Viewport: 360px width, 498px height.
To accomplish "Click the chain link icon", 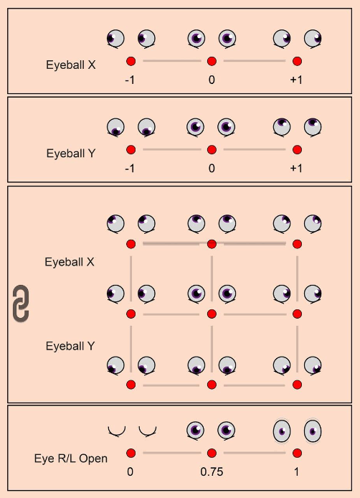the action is [x=21, y=304].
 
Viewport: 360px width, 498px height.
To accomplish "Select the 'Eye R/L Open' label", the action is [x=71, y=459].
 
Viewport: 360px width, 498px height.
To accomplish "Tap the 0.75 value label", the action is [x=212, y=471].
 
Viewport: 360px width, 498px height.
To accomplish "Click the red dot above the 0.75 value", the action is [x=212, y=454].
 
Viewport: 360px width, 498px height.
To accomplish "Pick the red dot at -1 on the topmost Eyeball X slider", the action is [x=131, y=61].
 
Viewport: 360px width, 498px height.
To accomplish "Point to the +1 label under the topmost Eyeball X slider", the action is [x=296, y=80].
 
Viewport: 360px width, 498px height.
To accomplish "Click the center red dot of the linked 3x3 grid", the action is [x=212, y=314].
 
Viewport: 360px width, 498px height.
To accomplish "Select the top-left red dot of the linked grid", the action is [x=131, y=244].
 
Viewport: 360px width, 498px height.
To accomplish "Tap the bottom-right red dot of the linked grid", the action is [x=297, y=385].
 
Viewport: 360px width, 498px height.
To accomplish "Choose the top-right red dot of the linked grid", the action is [x=297, y=244].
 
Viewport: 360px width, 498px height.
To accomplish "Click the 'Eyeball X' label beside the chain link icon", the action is [x=70, y=262].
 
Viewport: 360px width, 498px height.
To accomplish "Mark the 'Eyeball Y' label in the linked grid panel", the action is [x=70, y=346].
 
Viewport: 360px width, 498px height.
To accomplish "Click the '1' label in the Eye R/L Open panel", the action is [x=296, y=471].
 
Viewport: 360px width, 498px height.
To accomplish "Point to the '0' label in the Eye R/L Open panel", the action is [x=130, y=471].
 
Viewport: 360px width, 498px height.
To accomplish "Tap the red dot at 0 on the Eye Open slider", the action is [x=131, y=454].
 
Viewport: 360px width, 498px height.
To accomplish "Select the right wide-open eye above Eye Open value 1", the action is [x=313, y=431].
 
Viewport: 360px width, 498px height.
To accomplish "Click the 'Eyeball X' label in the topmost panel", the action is [x=71, y=65].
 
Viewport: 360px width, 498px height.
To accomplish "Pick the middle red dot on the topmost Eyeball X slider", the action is [x=212, y=61].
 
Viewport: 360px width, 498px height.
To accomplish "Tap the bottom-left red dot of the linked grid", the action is [x=131, y=385].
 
